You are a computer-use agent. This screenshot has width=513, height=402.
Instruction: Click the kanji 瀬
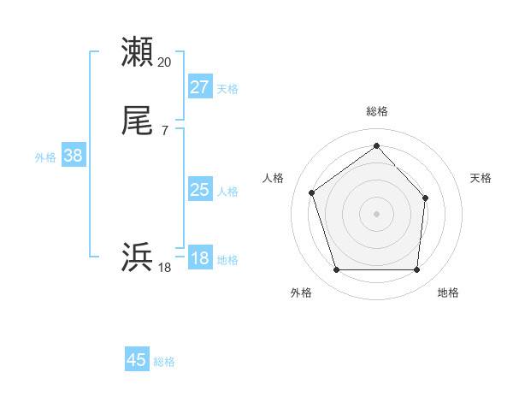tap(139, 52)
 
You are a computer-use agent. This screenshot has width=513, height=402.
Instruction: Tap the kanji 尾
tap(139, 122)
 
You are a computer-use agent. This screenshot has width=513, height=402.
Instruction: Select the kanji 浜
tap(139, 257)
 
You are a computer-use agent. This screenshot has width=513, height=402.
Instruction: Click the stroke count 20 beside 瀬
tap(164, 62)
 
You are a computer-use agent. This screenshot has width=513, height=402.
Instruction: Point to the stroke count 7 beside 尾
tap(164, 131)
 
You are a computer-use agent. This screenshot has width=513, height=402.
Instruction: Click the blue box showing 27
tap(200, 87)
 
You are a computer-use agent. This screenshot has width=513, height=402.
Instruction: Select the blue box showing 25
tap(200, 190)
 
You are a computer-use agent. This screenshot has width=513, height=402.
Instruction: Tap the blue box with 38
tap(74, 156)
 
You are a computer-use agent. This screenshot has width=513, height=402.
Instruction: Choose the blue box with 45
tap(137, 360)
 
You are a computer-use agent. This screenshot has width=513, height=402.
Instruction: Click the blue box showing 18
tap(200, 258)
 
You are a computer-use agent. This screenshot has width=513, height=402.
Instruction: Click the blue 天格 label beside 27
tap(227, 89)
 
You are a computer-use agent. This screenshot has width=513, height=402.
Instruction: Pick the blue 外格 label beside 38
tap(45, 157)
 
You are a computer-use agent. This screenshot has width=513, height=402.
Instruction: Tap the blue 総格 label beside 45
tap(164, 362)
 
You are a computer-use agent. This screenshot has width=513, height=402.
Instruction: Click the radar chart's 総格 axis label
tap(376, 111)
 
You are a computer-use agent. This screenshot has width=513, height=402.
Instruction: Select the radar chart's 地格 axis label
tap(448, 293)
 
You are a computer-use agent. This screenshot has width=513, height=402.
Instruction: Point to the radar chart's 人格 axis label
tap(274, 178)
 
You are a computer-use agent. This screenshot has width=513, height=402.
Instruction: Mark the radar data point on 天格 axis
tap(426, 197)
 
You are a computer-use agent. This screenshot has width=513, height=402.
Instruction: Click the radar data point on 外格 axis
tap(336, 270)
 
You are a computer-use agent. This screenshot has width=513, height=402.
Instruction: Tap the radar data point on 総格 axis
tap(376, 146)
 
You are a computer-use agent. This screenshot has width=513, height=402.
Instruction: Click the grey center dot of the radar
tap(376, 213)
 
